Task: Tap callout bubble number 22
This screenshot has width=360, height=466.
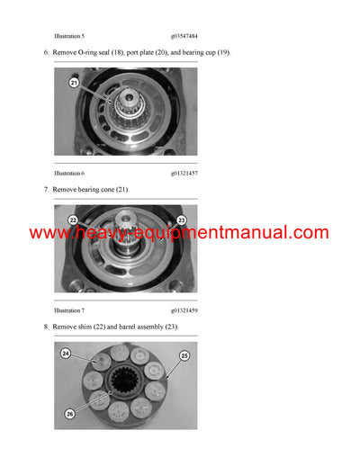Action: (75, 219)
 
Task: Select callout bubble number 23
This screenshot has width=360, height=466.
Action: (180, 219)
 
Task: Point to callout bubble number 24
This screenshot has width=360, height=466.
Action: (66, 354)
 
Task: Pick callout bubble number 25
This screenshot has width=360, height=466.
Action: (185, 356)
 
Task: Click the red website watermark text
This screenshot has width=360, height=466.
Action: (179, 233)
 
